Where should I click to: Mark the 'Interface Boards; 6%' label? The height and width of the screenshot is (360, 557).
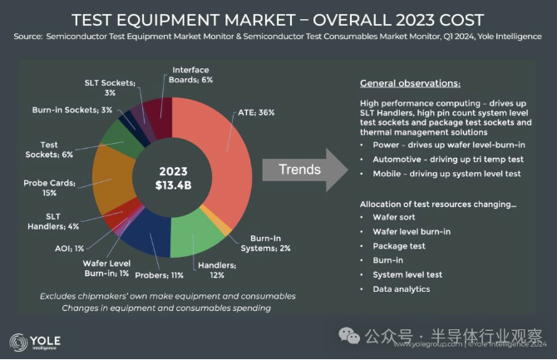point(192,75)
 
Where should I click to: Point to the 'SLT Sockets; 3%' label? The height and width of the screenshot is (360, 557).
point(115,87)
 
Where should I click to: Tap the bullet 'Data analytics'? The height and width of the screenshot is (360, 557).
point(402,288)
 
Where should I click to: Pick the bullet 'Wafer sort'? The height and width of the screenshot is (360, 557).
point(395,216)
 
